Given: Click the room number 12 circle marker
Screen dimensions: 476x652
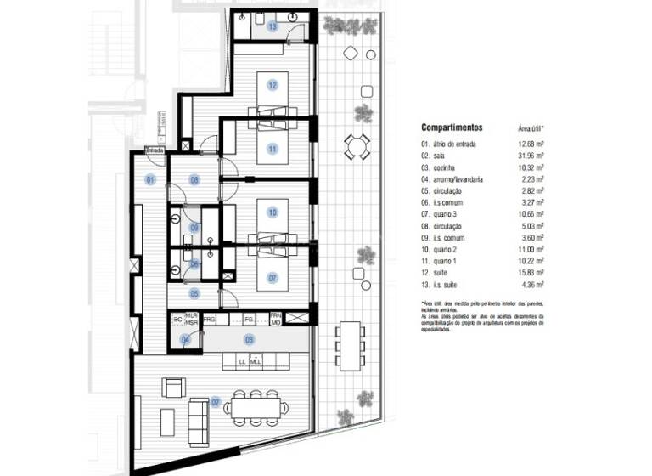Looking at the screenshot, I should pos(273,85).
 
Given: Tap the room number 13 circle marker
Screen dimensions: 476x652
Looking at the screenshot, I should pos(273,27).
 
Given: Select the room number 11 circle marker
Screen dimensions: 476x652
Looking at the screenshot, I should pos(273,149).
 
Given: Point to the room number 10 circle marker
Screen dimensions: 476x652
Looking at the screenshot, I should pos(273,212).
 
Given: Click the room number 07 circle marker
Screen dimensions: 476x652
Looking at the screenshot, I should pos(273,277).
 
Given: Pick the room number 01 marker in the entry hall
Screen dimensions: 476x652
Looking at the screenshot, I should pos(150,179).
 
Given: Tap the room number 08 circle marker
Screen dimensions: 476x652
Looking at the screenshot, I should pos(194,179).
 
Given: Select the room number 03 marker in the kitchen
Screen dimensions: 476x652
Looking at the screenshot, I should pos(250,340).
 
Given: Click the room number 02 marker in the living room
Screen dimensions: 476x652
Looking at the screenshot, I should pos(216,401).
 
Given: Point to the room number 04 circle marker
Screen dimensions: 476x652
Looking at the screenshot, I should pos(186,340).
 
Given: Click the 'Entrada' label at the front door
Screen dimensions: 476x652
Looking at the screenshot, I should pos(155,150).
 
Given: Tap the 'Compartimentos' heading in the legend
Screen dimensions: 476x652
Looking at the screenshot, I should pos(451,127).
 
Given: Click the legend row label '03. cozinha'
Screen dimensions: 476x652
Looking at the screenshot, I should pos(441,167).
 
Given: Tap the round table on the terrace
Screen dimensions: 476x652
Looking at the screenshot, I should pos(356,148).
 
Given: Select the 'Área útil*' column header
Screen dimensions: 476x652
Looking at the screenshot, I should pos(531,127).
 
